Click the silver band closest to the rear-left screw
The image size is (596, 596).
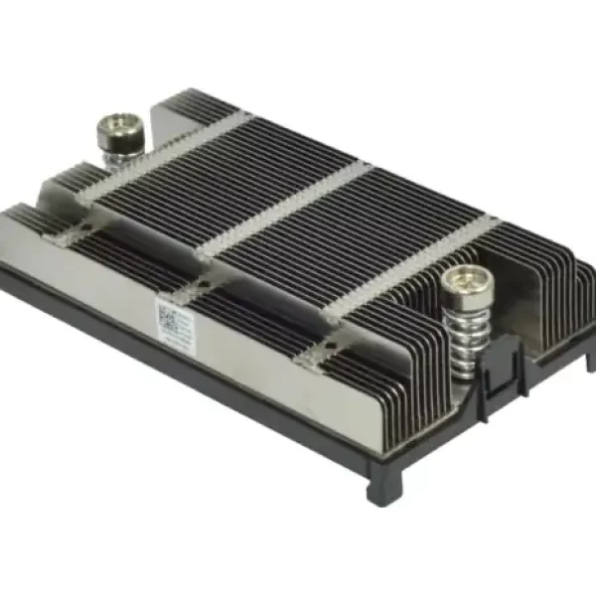(x=169, y=159)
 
